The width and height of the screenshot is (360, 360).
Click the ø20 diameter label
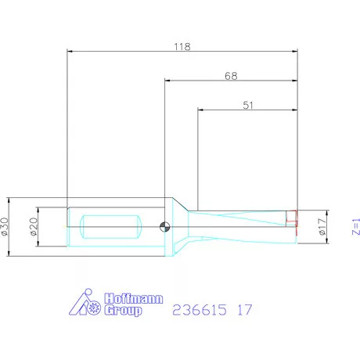pyautogui.click(x=34, y=228)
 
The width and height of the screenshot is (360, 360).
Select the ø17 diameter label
pyautogui.click(x=322, y=227)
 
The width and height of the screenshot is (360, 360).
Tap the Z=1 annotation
pyautogui.click(x=354, y=227)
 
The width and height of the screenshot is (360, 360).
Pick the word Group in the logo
pyautogui.click(x=124, y=311)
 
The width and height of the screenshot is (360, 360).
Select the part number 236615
pyautogui.click(x=198, y=310)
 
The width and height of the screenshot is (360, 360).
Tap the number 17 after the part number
pyautogui.click(x=244, y=310)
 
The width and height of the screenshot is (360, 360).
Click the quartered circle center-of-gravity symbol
pyautogui.click(x=164, y=228)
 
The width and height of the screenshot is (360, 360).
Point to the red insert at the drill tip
pyautogui.click(x=293, y=221)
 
